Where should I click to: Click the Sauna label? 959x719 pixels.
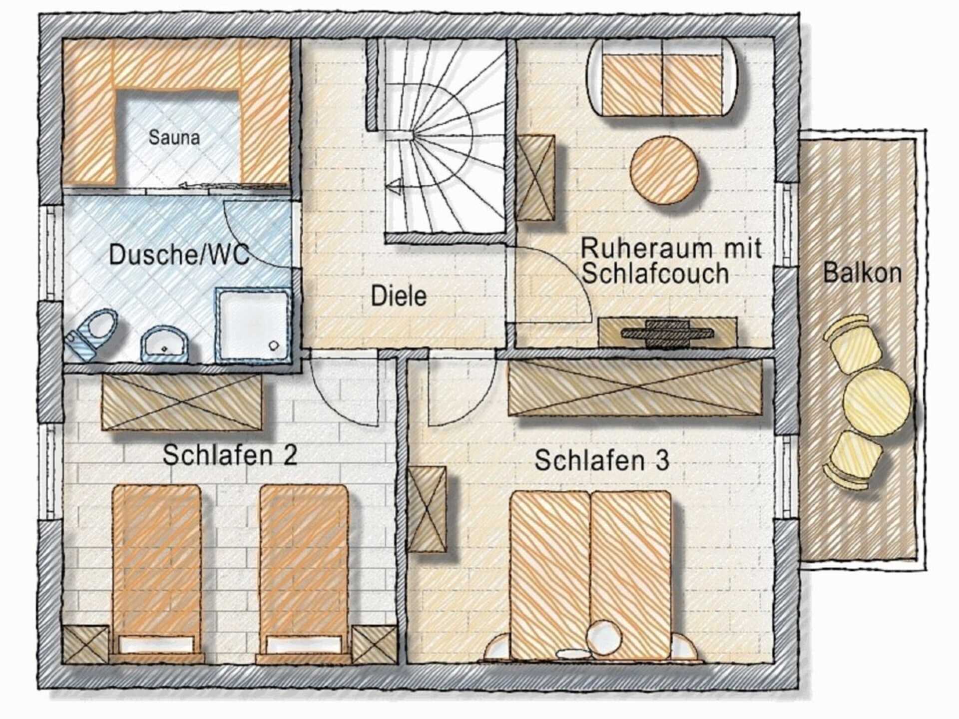174,137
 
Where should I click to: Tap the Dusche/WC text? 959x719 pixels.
179,254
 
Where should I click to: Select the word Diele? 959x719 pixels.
399,296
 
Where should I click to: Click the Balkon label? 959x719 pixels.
862,273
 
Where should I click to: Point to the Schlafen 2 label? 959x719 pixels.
230,455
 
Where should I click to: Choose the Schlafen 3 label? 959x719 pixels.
601,460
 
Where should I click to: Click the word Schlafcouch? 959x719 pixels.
655,274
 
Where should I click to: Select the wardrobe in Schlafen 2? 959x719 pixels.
182,402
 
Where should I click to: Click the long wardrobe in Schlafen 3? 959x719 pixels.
636,388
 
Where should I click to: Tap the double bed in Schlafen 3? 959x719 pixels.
590,577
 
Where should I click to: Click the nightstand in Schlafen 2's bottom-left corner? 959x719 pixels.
86,645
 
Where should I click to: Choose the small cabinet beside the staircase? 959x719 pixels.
535,177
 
